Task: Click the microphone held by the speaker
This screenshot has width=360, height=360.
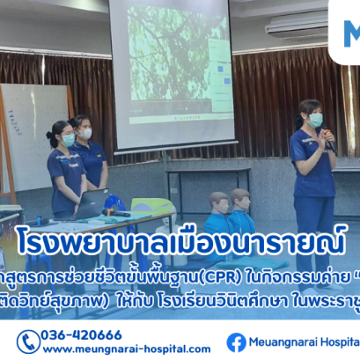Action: click(327, 136)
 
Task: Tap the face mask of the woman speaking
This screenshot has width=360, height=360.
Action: click(316, 121)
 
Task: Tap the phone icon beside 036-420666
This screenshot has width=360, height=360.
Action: click(27, 342)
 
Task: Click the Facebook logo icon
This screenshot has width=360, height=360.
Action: click(236, 342)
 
